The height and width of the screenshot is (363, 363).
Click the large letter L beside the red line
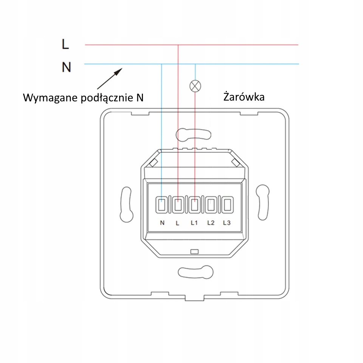click(65, 44)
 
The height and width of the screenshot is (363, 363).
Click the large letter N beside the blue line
click(67, 67)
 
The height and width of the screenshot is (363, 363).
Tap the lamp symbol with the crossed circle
click(195, 86)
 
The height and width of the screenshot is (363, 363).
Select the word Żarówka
click(244, 97)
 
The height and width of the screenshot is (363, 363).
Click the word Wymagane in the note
click(50, 98)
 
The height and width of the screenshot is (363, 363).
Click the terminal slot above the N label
click(161, 205)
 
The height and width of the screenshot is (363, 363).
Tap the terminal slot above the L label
click(178, 205)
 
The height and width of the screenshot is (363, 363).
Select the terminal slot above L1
click(194, 205)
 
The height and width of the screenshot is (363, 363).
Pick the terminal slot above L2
click(211, 205)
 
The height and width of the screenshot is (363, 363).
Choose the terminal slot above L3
click(227, 205)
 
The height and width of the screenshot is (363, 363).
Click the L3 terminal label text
click(226, 223)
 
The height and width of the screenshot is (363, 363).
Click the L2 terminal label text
click(211, 223)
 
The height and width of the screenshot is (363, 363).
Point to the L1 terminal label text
click(194, 223)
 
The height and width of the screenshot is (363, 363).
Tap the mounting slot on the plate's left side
click(126, 205)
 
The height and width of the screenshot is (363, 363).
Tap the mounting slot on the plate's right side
click(263, 202)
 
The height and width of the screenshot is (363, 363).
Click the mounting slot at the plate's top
click(194, 135)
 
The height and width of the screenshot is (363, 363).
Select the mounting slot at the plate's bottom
click(195, 272)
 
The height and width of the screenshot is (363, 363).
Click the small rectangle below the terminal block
click(194, 252)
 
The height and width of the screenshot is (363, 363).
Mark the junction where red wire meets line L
click(178, 45)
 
